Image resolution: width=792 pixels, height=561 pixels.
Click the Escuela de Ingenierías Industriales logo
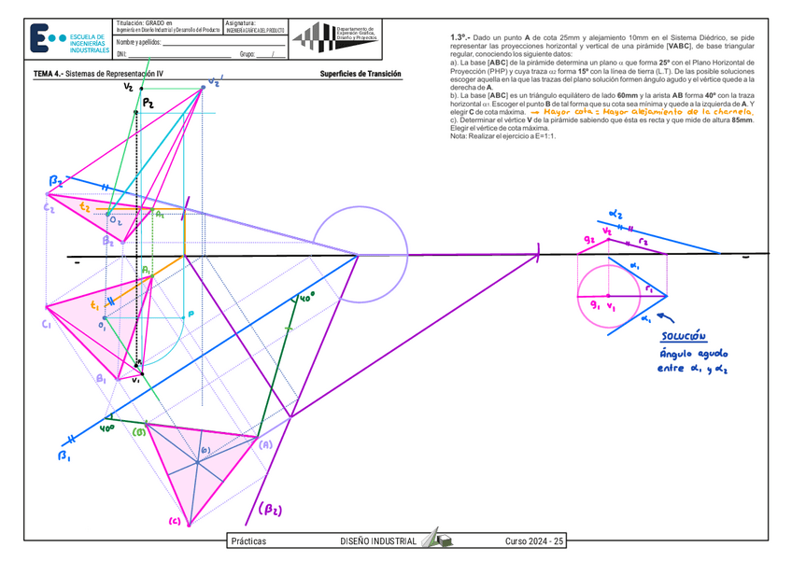point(67,37)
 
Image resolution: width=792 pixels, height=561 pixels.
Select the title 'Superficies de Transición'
point(360,74)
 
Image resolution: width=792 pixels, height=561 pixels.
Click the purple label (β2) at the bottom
point(271,510)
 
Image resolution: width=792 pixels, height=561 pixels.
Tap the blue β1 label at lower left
point(64,456)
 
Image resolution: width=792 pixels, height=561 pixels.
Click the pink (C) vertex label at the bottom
point(174,521)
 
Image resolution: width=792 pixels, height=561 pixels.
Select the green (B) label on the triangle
point(138,432)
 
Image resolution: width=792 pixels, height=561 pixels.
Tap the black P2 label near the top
point(148,105)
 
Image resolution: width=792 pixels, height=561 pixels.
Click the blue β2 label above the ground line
point(56,180)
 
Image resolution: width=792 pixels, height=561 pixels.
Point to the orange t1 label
point(94,306)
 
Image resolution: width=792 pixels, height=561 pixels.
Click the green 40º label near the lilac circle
point(305,298)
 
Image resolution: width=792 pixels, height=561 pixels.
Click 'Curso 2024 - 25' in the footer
point(535,541)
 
